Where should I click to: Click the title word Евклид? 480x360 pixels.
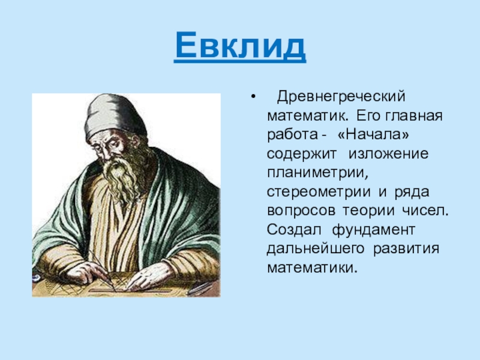pyautogui.click(x=240, y=46)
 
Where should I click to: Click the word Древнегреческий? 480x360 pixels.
pyautogui.click(x=341, y=97)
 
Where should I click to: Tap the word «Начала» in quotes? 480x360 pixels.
pyautogui.click(x=373, y=134)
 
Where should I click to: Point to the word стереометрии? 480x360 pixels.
pyautogui.click(x=319, y=192)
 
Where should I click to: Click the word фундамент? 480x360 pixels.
pyautogui.click(x=373, y=230)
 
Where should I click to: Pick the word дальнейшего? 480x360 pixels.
pyautogui.click(x=316, y=249)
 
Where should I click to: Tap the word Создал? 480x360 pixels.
pyautogui.click(x=294, y=230)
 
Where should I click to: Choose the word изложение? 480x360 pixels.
pyautogui.click(x=388, y=154)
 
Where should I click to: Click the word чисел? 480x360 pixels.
pyautogui.click(x=425, y=211)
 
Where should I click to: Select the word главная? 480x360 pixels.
pyautogui.click(x=414, y=116)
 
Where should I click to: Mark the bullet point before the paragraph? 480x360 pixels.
pyautogui.click(x=253, y=97)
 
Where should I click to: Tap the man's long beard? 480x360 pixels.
pyautogui.click(x=122, y=178)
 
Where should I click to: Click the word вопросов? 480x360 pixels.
pyautogui.click(x=301, y=211)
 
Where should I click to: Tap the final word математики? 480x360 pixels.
pyautogui.click(x=312, y=268)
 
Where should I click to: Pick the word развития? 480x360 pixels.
pyautogui.click(x=406, y=249)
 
